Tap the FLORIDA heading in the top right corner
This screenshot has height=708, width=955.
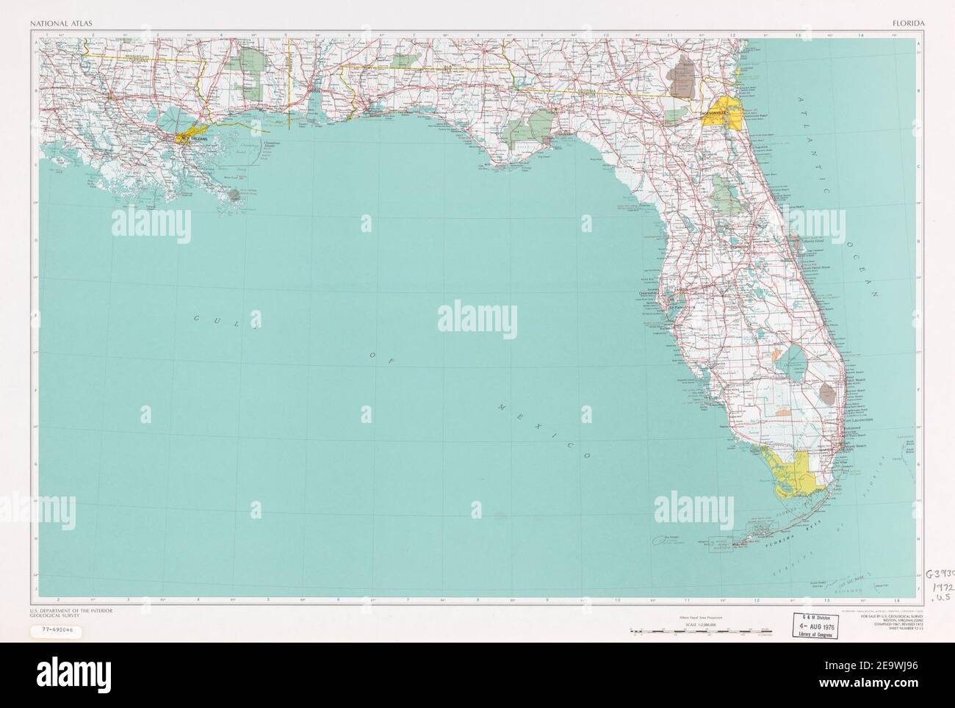(x=908, y=23)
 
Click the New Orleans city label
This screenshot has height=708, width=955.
(x=192, y=137)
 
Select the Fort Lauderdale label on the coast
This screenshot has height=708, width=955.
(x=859, y=420)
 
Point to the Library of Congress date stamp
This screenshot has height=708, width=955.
(x=822, y=629)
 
